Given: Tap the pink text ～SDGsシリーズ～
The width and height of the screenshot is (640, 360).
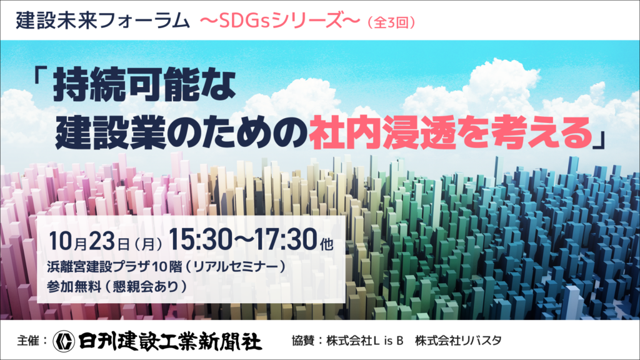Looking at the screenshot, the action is (x=280, y=21).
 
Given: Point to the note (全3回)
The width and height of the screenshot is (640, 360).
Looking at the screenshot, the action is (x=391, y=22).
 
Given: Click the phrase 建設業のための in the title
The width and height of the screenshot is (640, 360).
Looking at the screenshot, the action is (x=181, y=133).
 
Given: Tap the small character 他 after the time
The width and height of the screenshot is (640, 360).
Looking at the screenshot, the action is (x=326, y=244).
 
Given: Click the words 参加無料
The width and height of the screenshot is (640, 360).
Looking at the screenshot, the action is (x=74, y=286).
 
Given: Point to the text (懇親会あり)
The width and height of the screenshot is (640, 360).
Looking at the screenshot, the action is (x=146, y=286).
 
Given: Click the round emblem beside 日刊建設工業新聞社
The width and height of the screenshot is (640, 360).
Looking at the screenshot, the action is (x=64, y=341).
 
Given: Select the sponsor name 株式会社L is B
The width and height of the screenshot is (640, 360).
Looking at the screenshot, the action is (x=365, y=341).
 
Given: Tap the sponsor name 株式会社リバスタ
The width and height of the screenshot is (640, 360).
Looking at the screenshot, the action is (x=458, y=341).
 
